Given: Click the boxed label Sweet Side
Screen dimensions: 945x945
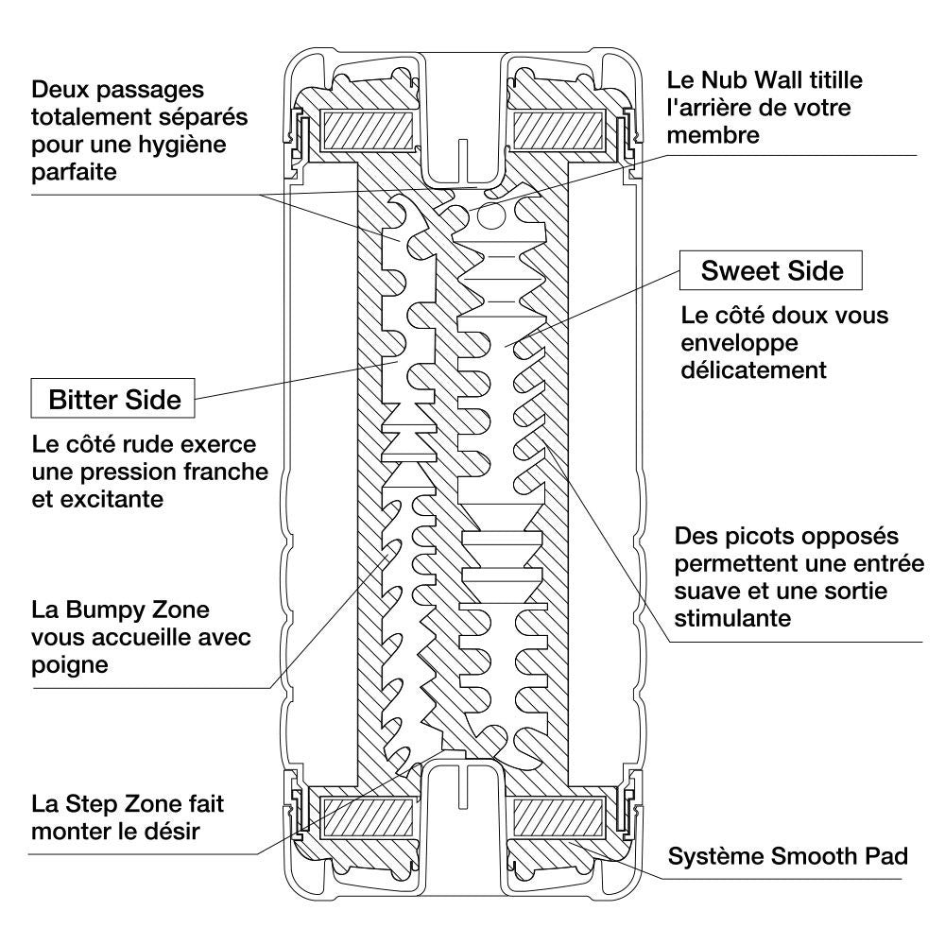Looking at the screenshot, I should pos(771,272).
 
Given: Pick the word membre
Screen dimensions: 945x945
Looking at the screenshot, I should pos(713,134).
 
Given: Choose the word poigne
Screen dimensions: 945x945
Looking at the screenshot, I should pos(69,664).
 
